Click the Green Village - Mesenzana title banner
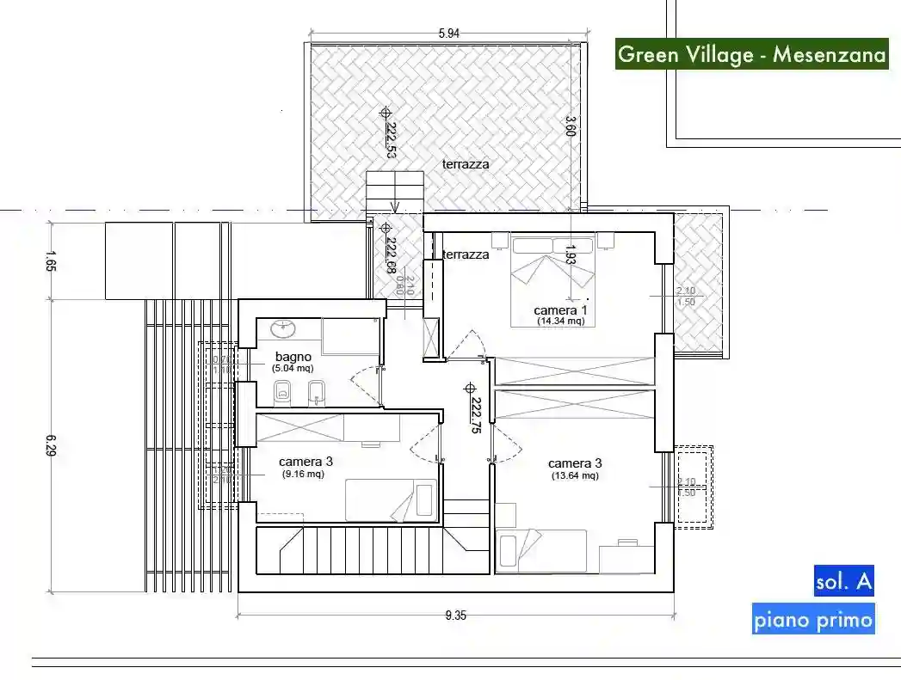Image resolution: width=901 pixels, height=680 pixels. pyautogui.click(x=751, y=54)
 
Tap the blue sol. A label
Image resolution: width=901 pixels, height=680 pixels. pyautogui.click(x=843, y=582)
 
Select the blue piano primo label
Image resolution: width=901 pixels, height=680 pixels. pyautogui.click(x=812, y=620)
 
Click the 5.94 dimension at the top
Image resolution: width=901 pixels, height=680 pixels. pyautogui.click(x=449, y=34)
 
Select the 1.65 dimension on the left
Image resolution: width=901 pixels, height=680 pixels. pyautogui.click(x=50, y=260)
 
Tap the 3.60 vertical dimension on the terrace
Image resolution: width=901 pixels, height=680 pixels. pyautogui.click(x=570, y=126)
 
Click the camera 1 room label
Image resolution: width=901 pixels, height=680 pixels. pyautogui.click(x=560, y=309)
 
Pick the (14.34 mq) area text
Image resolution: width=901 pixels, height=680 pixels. pyautogui.click(x=561, y=322)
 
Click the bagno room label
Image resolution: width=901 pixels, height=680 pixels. pyautogui.click(x=293, y=356)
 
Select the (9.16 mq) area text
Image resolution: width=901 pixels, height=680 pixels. pyautogui.click(x=303, y=474)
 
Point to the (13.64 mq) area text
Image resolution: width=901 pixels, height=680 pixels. pyautogui.click(x=575, y=475)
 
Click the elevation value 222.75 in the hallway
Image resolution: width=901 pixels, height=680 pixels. pyautogui.click(x=475, y=415)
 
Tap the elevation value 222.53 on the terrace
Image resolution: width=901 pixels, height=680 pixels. pyautogui.click(x=391, y=140)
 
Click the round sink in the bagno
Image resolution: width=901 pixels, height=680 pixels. pyautogui.click(x=282, y=328)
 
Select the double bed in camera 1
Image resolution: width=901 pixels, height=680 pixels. pyautogui.click(x=553, y=281)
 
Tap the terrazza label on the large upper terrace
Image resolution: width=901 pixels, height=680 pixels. pyautogui.click(x=466, y=163)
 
